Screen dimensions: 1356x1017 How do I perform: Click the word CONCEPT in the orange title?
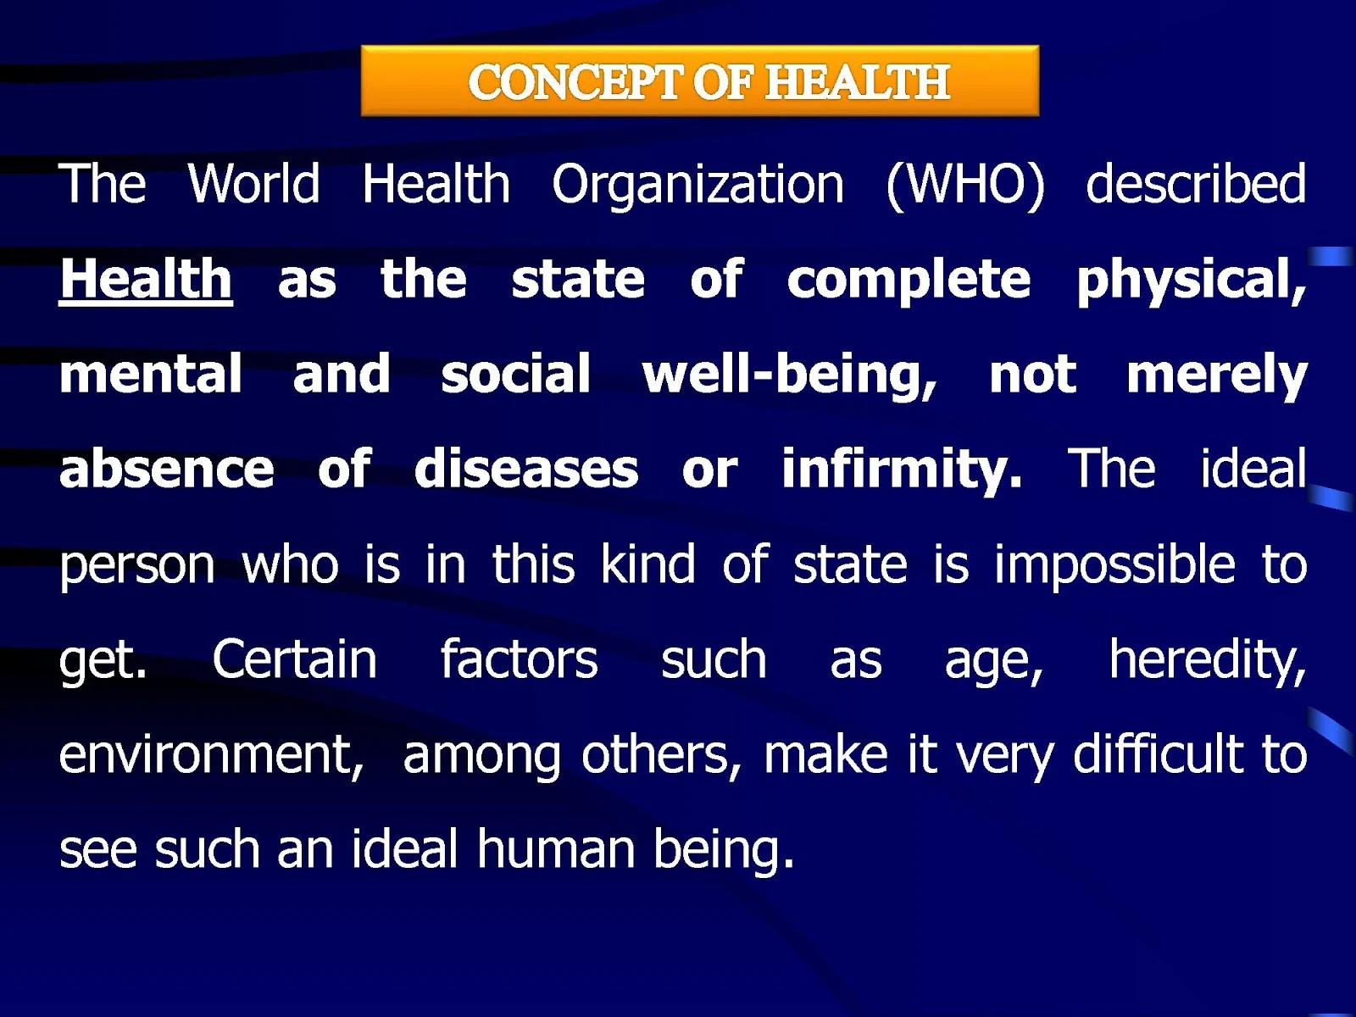[574, 81]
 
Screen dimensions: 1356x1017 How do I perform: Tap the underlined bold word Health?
[146, 279]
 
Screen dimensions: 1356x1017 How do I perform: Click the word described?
[1196, 183]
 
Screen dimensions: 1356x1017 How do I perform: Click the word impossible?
[1114, 565]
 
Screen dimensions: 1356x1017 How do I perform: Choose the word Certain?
[294, 659]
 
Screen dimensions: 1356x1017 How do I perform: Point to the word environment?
[211, 754]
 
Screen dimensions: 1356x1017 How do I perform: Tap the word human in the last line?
[555, 848]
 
